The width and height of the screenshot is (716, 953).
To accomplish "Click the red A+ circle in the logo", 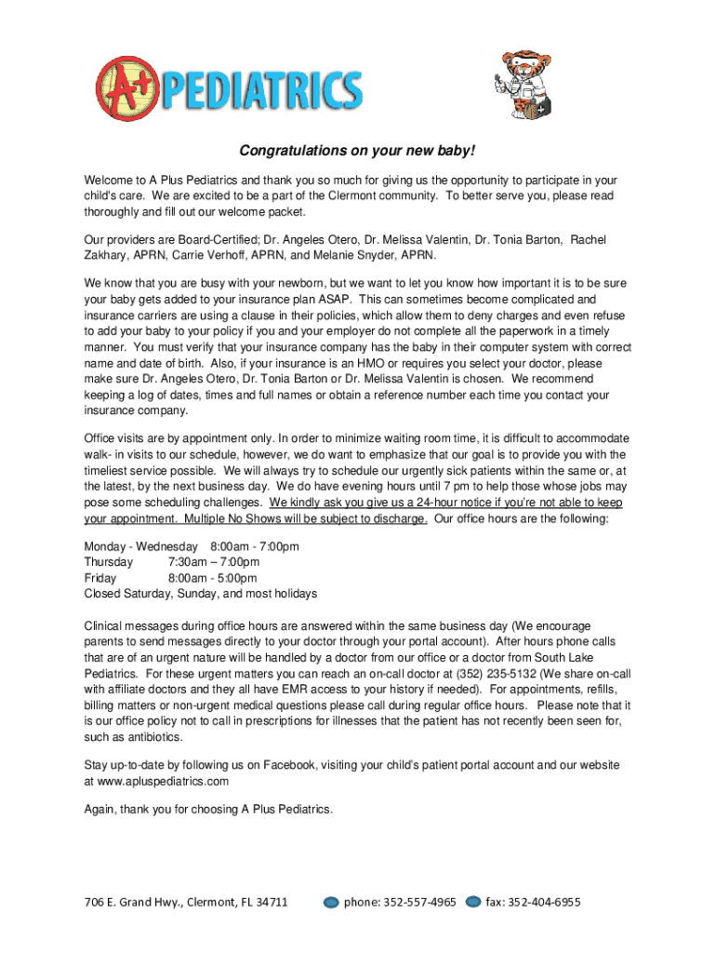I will point(127,89).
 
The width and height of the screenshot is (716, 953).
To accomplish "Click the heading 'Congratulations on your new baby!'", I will point(358,151).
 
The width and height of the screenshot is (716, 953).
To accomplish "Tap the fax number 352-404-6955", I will point(534,902).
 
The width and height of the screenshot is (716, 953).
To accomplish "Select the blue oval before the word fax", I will point(473,902).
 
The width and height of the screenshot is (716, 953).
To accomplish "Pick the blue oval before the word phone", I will point(331,902).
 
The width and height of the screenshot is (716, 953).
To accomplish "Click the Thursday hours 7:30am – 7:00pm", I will point(214,562).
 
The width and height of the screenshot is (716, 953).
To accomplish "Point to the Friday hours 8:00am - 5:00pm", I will point(214,578).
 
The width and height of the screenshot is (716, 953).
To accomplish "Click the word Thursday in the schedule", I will point(109,562).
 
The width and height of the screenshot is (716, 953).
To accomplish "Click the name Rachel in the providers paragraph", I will point(588,240).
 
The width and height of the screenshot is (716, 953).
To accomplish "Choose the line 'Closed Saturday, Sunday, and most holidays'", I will point(201,594).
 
